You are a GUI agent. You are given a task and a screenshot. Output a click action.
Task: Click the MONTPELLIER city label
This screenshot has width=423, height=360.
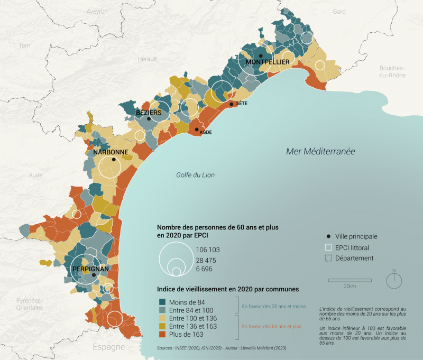(x=267, y=62)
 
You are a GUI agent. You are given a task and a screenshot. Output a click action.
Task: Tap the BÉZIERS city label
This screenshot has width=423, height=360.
(x=149, y=113)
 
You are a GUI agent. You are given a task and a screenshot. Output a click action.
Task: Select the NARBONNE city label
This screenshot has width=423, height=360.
(x=111, y=152)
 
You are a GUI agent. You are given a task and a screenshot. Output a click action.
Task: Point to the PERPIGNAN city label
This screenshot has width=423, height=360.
(x=91, y=269)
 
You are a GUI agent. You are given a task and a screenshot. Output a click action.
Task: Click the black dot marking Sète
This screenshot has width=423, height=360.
(x=232, y=104)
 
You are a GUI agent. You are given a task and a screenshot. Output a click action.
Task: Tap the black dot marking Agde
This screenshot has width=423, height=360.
(x=197, y=129)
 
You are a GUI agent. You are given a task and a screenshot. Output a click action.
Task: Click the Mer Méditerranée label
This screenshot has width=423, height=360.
(x=320, y=151)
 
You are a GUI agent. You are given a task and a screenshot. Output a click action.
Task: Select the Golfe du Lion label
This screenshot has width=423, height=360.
(x=196, y=175)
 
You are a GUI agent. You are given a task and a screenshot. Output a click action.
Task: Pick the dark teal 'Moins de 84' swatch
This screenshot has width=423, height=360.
(x=163, y=301)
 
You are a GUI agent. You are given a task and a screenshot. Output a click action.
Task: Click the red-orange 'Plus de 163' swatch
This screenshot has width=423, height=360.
(x=163, y=335)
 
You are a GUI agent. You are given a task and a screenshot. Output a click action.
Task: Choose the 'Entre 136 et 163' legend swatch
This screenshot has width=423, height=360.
(x=163, y=327)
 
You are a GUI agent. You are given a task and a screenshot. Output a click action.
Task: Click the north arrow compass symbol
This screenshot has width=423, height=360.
(x=394, y=280)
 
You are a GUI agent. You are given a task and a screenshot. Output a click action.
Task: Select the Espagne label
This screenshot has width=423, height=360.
(x=109, y=347)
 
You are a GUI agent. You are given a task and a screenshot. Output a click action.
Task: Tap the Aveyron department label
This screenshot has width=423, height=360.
(x=97, y=11)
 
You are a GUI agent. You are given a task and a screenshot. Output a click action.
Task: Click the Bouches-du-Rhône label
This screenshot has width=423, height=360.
(x=392, y=72)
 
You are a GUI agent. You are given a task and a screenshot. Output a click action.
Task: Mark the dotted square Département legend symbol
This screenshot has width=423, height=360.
(x=328, y=259)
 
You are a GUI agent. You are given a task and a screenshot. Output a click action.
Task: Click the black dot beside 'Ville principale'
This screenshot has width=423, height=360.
(x=328, y=236)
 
